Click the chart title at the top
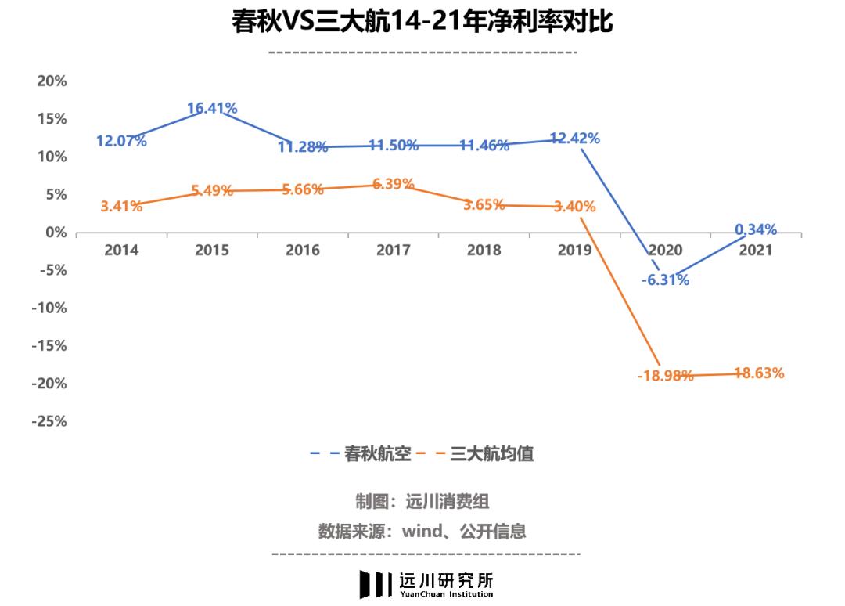pos(422,22)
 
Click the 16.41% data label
pos(212,108)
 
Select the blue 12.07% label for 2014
pos(121,142)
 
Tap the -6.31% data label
pos(665,280)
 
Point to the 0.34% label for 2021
pos(755,229)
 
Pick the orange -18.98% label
pos(665,376)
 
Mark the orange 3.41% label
pos(121,207)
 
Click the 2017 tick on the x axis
pos(394,251)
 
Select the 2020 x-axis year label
pos(665,251)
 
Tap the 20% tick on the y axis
pos(52,81)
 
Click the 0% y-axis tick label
pos(56,233)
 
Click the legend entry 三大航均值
pos(491,453)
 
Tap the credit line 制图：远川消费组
pos(422,502)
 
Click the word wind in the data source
pos(422,531)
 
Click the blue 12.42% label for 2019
pos(574,139)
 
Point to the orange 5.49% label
pos(212,191)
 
